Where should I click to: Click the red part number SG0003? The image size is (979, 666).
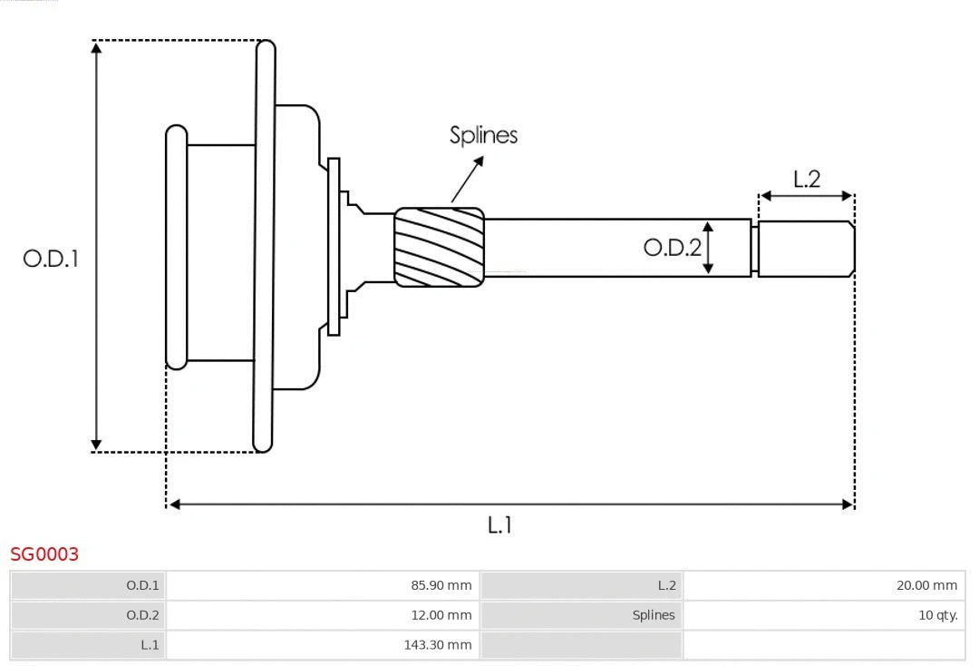click(x=44, y=553)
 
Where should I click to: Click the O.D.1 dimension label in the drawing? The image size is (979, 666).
click(x=51, y=259)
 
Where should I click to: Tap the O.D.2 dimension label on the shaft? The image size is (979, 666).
click(x=672, y=247)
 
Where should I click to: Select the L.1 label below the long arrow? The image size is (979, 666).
click(x=500, y=524)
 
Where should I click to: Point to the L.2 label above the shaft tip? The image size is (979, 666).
click(x=806, y=179)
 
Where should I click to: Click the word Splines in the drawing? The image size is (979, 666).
click(x=483, y=135)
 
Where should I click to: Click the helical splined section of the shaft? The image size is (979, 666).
click(x=439, y=248)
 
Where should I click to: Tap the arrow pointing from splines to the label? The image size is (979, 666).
click(x=467, y=179)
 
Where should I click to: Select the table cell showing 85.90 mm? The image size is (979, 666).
click(x=441, y=586)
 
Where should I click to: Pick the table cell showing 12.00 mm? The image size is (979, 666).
click(x=441, y=615)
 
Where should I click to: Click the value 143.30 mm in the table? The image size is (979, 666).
click(x=438, y=645)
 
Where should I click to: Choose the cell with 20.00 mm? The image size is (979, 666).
click(x=926, y=586)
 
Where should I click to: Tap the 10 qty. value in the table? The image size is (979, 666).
click(x=937, y=615)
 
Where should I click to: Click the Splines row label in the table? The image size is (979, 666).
click(x=654, y=615)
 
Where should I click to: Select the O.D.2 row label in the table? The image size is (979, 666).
click(x=142, y=615)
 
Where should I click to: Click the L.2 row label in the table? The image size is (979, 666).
click(x=666, y=586)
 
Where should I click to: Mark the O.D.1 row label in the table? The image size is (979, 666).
click(x=142, y=586)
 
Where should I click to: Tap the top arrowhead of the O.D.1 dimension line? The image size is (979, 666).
click(x=96, y=47)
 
